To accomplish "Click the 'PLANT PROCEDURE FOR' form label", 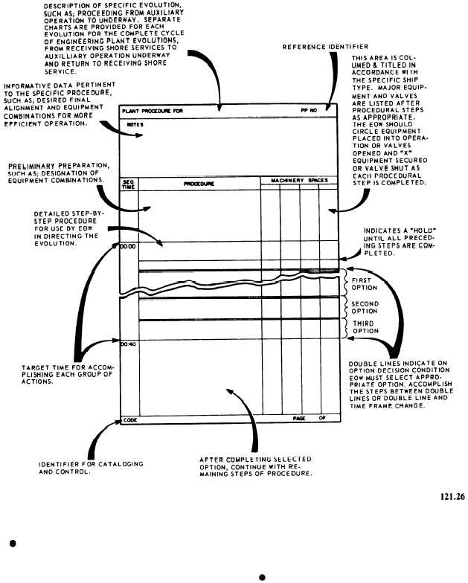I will [152, 110].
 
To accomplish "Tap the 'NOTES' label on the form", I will [135, 124].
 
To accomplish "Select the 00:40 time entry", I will [127, 344].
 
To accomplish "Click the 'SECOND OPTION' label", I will [365, 307].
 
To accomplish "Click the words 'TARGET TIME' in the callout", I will [42, 367].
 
